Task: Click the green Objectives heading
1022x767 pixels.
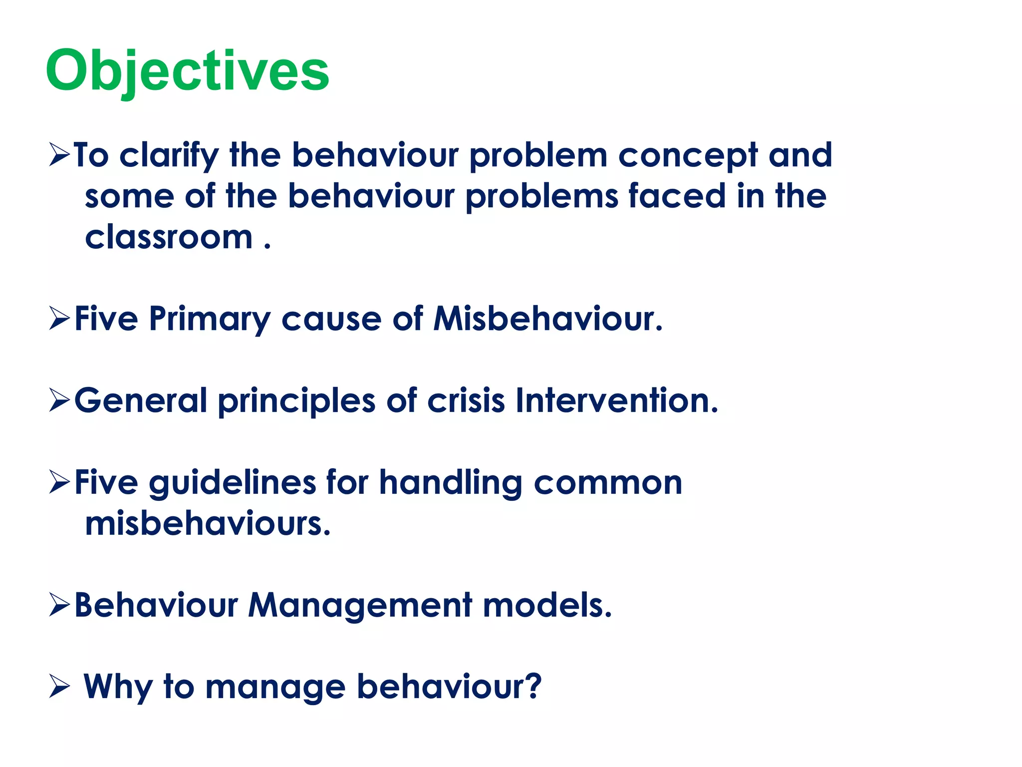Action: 187,71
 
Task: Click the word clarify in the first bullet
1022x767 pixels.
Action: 169,156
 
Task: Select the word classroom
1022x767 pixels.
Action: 169,237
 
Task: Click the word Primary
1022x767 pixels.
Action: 209,319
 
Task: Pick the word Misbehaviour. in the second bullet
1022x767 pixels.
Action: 547,319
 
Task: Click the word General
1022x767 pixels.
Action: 141,401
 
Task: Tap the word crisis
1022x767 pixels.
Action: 466,401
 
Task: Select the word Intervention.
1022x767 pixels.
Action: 617,401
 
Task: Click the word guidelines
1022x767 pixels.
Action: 232,483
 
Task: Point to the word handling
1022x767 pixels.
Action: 450,483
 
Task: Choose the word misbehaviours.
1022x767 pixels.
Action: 208,524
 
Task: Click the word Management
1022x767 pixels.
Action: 360,606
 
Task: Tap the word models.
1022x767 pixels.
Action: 547,606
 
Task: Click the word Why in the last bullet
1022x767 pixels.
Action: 118,688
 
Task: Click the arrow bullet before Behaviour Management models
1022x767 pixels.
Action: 59,606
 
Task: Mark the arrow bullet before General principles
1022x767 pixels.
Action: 59,401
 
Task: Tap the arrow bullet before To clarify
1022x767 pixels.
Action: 59,156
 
